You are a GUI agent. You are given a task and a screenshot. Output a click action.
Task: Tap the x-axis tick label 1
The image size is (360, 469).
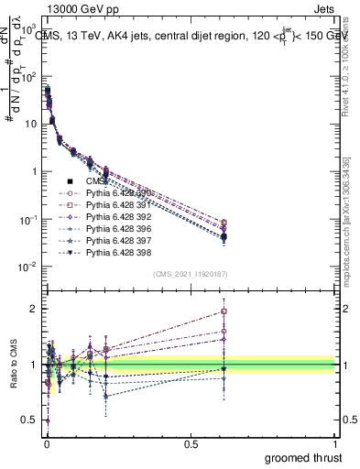(336, 443)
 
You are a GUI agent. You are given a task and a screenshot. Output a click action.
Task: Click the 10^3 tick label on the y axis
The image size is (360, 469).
(30, 27)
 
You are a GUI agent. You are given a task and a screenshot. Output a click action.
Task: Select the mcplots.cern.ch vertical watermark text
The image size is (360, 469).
(348, 229)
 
